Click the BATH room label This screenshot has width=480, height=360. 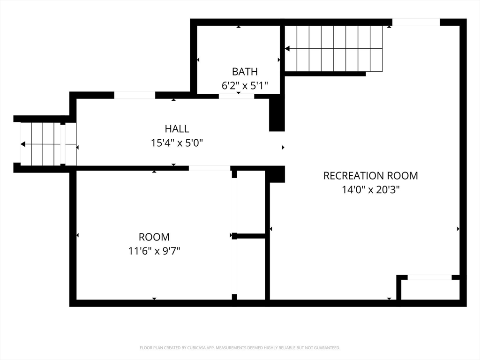click(245, 72)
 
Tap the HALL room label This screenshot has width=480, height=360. click(177, 129)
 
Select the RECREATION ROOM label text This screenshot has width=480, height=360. click(370, 176)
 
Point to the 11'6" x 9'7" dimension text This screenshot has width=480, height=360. click(154, 251)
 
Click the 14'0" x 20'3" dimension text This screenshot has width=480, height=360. click(370, 190)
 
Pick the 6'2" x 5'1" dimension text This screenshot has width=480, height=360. click(245, 85)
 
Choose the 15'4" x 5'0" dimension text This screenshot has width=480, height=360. click(177, 142)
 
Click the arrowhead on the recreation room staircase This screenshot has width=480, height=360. click(287, 48)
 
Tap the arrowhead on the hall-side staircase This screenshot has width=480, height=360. click(23, 144)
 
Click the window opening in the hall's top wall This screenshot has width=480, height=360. click(135, 95)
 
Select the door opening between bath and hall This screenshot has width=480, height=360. click(236, 96)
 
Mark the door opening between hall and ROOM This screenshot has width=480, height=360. click(210, 168)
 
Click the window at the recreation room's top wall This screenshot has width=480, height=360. click(416, 22)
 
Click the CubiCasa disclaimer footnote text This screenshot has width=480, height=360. click(240, 348)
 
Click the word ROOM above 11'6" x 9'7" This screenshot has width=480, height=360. click(154, 237)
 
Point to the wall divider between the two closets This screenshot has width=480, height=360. click(249, 236)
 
